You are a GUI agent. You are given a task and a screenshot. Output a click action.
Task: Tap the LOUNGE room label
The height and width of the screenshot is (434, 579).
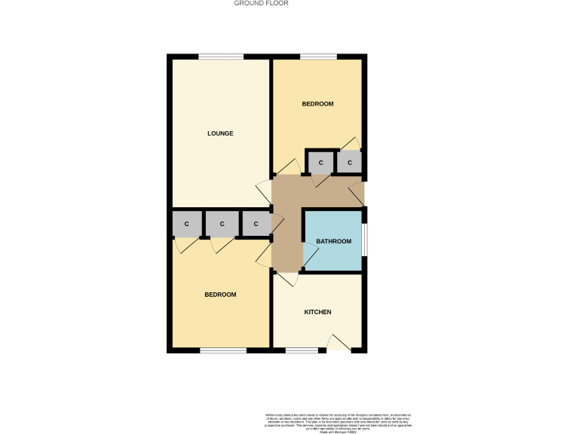pyautogui.click(x=221, y=133)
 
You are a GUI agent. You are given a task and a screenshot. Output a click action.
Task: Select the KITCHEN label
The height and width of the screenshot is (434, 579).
pyautogui.click(x=317, y=312)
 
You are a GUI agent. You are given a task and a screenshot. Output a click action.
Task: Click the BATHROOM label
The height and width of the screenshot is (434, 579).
pyautogui.click(x=333, y=241)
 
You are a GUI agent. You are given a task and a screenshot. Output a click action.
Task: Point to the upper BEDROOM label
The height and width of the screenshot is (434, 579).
pyautogui.click(x=317, y=103)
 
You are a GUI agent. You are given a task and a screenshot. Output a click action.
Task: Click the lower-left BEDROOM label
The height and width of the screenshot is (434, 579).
pyautogui.click(x=221, y=295)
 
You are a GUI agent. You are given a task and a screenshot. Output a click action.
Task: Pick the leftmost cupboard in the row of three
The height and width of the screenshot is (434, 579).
pyautogui.click(x=186, y=224)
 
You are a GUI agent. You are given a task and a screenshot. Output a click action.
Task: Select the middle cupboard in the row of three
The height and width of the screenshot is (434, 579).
pyautogui.click(x=222, y=224)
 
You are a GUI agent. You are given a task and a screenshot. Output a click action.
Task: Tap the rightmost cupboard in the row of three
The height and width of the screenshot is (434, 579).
pyautogui.click(x=256, y=224)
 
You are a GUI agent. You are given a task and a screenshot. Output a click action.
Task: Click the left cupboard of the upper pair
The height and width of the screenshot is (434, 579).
pyautogui.click(x=320, y=162)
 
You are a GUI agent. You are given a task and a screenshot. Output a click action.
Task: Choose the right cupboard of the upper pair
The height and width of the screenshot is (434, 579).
pyautogui.click(x=350, y=162)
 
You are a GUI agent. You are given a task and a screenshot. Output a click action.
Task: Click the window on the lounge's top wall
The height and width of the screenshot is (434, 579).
pyautogui.click(x=221, y=57)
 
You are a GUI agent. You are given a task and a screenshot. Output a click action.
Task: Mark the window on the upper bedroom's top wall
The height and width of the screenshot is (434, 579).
pyautogui.click(x=318, y=57)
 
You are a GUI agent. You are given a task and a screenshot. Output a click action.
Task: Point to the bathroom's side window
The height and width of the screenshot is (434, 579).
pyautogui.click(x=364, y=240)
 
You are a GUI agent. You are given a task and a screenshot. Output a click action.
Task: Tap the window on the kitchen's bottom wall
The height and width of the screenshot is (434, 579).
pyautogui.click(x=302, y=350)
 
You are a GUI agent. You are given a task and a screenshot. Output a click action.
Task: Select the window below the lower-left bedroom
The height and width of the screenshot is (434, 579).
pyautogui.click(x=223, y=350)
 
